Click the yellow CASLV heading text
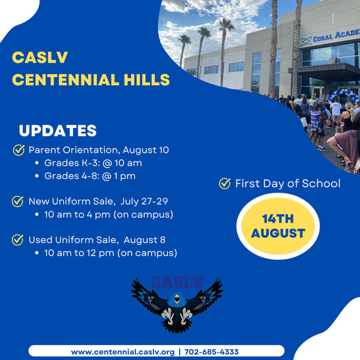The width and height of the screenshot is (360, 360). pos(40,58)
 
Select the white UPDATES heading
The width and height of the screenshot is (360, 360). pos(58,131)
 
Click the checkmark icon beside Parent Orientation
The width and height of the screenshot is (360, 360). pos(19,150)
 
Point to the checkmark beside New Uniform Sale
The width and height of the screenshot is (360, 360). pos(17,202)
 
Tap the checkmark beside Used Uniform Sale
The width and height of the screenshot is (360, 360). pos(17,240)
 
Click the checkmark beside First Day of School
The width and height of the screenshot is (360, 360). pos(225,184)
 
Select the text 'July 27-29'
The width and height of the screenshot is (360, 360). pos(144,202)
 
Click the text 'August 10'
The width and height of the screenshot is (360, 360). pos(146,150)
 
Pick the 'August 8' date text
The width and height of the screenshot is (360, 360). pos(145,240)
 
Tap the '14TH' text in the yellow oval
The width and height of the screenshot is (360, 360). pos(278,219)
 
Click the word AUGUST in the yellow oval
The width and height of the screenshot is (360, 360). pos(278,233)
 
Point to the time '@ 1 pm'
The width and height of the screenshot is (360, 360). pos(119,176)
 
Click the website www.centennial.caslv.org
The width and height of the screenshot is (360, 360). pos(123,352)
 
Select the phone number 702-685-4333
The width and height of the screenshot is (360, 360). pos(211,352)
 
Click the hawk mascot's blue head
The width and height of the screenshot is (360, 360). pos(176,299)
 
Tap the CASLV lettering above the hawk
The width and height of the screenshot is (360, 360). pos(177,282)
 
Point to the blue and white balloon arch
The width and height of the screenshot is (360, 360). pos(343,95)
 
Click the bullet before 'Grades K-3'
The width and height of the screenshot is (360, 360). pos(37,163)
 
